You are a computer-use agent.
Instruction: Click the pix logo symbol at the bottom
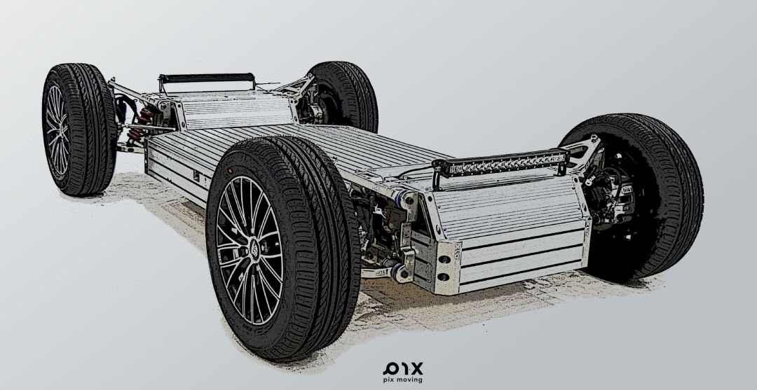[x=403, y=369]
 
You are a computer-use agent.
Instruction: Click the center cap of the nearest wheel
[x=254, y=249]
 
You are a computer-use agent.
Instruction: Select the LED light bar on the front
[x=500, y=163]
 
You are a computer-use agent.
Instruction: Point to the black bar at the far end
[x=207, y=78]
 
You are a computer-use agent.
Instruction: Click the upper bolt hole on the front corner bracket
[x=444, y=259]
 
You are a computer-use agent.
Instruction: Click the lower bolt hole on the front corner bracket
[x=443, y=277]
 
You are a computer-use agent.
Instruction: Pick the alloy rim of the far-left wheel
[x=57, y=130]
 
